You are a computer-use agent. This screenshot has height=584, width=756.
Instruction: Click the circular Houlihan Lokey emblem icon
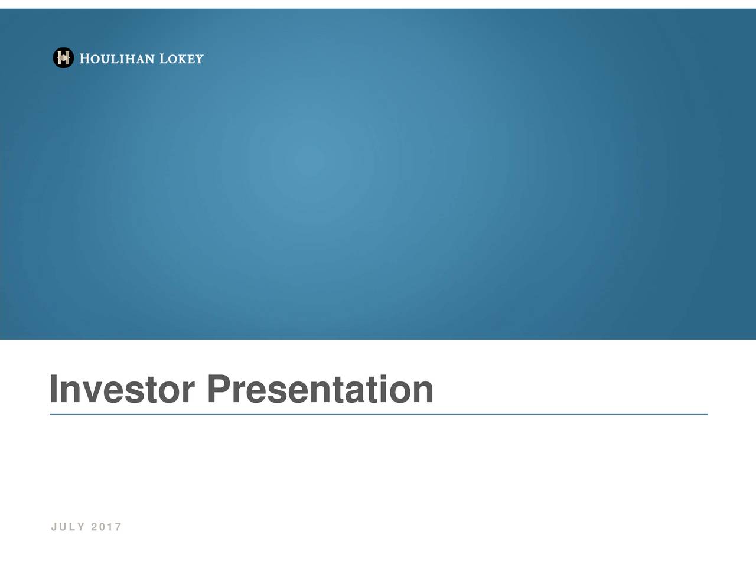point(63,58)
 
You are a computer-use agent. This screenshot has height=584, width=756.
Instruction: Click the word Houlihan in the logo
point(117,58)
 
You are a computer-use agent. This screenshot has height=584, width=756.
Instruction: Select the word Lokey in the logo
point(181,58)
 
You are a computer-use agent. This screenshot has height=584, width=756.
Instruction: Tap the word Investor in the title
point(122,390)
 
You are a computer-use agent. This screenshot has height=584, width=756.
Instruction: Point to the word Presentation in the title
point(320,390)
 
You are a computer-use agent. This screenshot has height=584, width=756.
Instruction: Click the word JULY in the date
point(68,527)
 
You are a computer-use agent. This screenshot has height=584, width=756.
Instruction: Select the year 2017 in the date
point(106,527)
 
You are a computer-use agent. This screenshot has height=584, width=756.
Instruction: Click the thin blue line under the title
point(378,415)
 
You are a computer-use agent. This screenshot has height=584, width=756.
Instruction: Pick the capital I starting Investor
point(54,390)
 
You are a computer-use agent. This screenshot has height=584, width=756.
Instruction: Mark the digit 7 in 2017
point(119,527)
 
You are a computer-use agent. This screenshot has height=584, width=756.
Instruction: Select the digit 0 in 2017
point(102,527)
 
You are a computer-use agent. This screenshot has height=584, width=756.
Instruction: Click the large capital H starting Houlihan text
point(84,58)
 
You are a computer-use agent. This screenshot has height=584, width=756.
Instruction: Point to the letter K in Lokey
point(183,59)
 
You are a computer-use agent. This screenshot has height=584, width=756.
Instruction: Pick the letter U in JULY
point(63,527)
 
